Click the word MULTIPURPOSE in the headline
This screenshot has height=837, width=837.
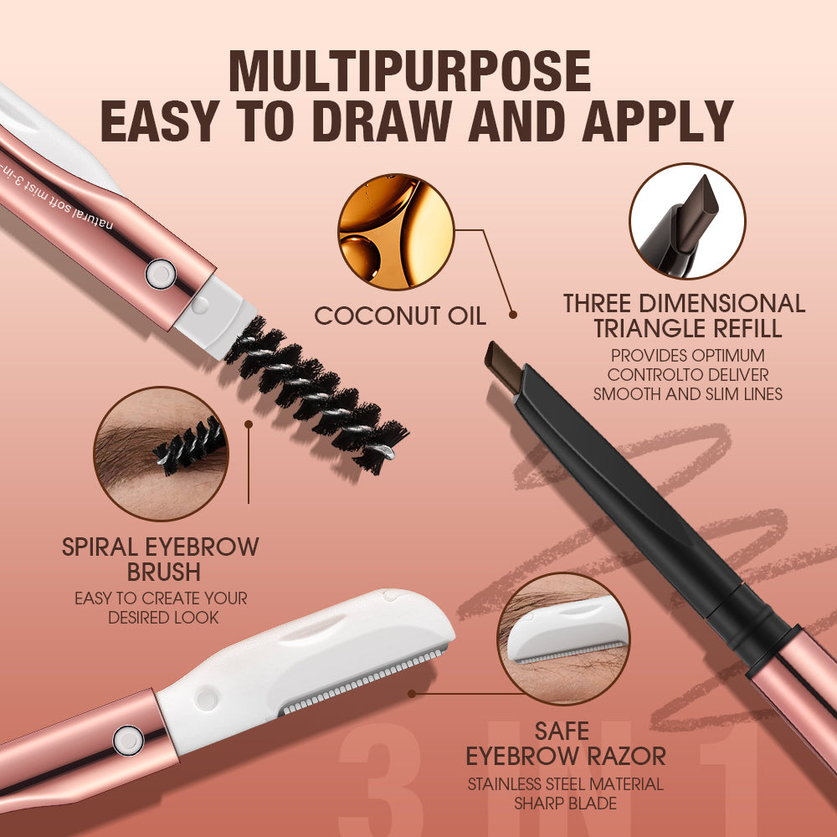click(x=409, y=71)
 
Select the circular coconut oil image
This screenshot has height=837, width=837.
click(x=396, y=232)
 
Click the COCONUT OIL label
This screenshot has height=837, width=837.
click(x=399, y=316)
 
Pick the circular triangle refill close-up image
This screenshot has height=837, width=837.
click(x=686, y=221)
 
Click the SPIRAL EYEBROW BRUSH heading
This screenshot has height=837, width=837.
click(x=161, y=560)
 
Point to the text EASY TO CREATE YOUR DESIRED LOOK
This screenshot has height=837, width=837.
click(x=161, y=608)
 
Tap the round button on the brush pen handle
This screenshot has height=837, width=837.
click(x=160, y=273)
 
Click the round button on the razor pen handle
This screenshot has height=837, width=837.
click(x=127, y=737)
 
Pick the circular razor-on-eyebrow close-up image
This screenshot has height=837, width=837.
click(x=563, y=637)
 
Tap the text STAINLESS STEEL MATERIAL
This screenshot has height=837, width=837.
click(x=566, y=784)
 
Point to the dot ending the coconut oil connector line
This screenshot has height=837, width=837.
click(x=512, y=316)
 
